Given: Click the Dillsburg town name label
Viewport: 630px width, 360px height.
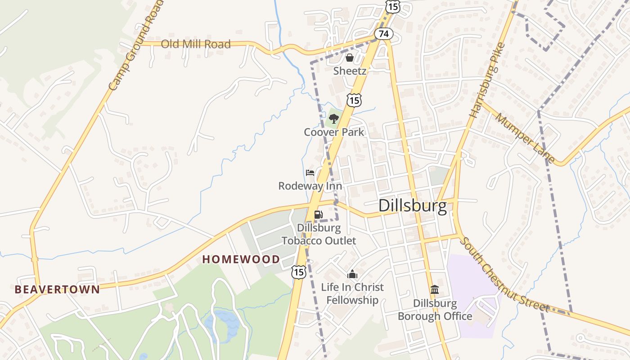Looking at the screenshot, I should pyautogui.click(x=413, y=206).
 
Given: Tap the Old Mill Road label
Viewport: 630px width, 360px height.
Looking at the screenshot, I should pyautogui.click(x=196, y=44).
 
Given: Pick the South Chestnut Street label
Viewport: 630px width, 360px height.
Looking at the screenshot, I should pyautogui.click(x=504, y=274).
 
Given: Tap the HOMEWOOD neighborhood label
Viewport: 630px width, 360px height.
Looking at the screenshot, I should pyautogui.click(x=241, y=259).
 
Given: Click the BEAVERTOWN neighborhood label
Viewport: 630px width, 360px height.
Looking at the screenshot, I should pyautogui.click(x=57, y=289).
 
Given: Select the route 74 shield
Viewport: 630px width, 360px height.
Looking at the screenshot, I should pyautogui.click(x=383, y=34).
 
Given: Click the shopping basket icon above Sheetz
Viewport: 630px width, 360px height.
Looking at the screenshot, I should pyautogui.click(x=349, y=58).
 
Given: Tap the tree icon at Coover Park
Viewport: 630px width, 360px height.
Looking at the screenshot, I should pyautogui.click(x=333, y=119).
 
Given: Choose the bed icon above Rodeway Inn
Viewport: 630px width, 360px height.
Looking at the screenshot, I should pyautogui.click(x=310, y=173).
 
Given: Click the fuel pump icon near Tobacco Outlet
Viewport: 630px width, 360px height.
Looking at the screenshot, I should pyautogui.click(x=318, y=215).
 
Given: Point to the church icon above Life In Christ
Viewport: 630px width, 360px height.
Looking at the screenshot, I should pyautogui.click(x=352, y=274).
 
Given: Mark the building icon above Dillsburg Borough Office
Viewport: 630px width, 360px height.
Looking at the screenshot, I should pyautogui.click(x=435, y=290).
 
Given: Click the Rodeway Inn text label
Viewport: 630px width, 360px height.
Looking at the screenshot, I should pyautogui.click(x=310, y=186).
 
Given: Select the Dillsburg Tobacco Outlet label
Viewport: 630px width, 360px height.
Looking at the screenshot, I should pyautogui.click(x=319, y=234).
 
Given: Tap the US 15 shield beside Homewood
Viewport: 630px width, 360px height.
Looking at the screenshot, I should pyautogui.click(x=298, y=271).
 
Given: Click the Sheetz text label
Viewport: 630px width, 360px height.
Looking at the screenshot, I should pyautogui.click(x=350, y=71).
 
